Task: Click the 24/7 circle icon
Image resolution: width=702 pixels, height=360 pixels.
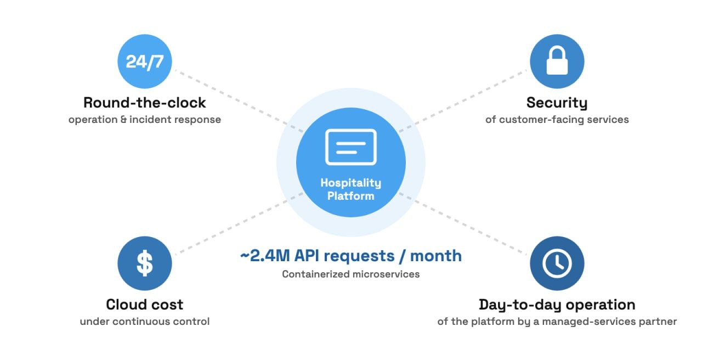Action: click(144, 61)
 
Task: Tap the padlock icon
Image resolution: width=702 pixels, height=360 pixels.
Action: click(557, 60)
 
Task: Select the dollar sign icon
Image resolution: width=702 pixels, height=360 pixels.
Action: click(145, 263)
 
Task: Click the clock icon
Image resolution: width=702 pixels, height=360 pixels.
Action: click(557, 263)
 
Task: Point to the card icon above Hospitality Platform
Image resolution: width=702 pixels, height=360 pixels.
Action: click(350, 147)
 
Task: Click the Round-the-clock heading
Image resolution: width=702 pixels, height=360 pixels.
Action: click(144, 103)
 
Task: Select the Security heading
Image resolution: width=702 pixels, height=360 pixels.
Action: click(557, 103)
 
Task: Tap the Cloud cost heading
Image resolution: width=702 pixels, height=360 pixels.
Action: click(144, 305)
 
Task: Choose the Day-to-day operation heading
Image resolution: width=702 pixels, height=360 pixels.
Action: click(557, 305)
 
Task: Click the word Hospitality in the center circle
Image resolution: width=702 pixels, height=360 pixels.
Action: click(350, 183)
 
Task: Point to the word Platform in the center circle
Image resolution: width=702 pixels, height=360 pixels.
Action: click(350, 196)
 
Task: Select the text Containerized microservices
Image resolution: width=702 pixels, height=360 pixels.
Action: click(350, 274)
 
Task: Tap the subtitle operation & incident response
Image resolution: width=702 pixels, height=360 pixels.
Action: click(144, 120)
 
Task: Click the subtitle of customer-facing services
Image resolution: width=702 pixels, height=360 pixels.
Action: click(557, 120)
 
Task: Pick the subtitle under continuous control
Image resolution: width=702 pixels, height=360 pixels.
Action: click(144, 322)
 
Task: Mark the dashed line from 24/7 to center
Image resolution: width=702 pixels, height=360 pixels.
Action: click(239, 100)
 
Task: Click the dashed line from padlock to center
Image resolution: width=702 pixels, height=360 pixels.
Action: click(462, 100)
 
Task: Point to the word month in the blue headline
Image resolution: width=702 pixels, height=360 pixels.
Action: click(436, 256)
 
